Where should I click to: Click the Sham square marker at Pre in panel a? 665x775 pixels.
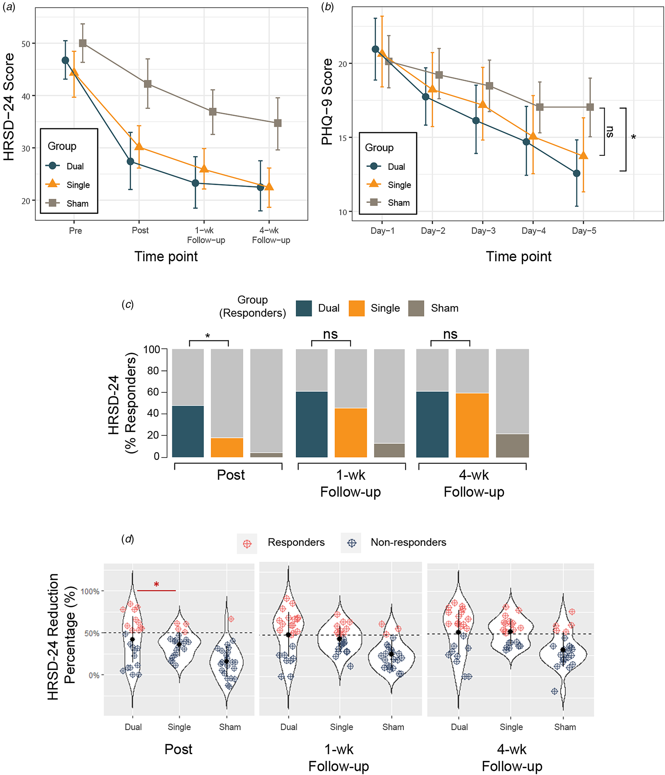tap(83, 44)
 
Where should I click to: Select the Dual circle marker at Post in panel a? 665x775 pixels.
tap(130, 162)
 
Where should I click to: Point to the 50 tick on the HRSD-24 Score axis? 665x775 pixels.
tap(26, 44)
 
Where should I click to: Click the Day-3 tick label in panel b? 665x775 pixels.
tap(483, 231)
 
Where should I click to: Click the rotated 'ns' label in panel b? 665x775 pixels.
tap(610, 132)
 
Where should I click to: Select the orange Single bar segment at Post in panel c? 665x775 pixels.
tap(227, 447)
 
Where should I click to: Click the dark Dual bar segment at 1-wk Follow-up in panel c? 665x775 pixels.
tap(312, 424)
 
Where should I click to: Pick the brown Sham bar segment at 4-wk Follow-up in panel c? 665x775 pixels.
tap(512, 445)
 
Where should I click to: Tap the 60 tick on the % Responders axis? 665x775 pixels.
tap(153, 392)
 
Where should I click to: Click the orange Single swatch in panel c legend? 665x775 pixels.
tap(356, 308)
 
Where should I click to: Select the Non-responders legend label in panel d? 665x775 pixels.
tap(408, 542)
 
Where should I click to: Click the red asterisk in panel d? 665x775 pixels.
tap(156, 584)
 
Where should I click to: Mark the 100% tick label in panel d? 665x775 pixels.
tap(90, 591)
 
